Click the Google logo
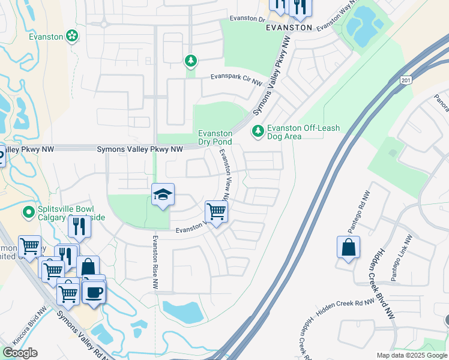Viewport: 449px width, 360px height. pyautogui.click(x=20, y=353)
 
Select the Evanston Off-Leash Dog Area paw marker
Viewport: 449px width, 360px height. pyautogui.click(x=258, y=130)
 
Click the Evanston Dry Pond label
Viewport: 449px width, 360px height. pyautogui.click(x=215, y=137)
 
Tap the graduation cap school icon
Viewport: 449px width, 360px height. pyautogui.click(x=163, y=196)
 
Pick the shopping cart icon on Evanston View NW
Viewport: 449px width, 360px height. pyautogui.click(x=216, y=212)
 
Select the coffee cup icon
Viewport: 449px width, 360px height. pyautogui.click(x=94, y=292)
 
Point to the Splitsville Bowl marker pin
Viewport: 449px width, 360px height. pyautogui.click(x=28, y=212)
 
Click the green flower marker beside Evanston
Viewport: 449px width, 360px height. pyautogui.click(x=72, y=36)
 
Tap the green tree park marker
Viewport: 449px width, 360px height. pyautogui.click(x=190, y=61)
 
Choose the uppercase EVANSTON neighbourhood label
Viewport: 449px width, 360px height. pyautogui.click(x=289, y=28)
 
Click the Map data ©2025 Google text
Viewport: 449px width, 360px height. pyautogui.click(x=411, y=355)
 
